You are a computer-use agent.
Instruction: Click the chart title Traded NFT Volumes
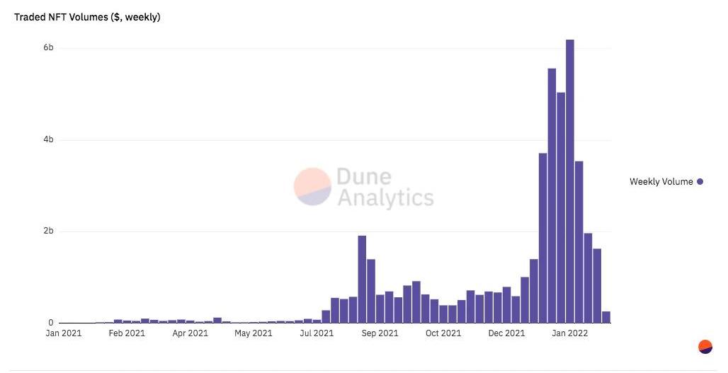click(87, 17)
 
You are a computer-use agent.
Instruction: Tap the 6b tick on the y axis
click(49, 48)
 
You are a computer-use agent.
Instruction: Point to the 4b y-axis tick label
click(49, 140)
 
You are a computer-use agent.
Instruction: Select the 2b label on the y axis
click(49, 231)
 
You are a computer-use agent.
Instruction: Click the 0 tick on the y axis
click(51, 323)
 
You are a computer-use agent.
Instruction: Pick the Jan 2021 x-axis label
click(64, 333)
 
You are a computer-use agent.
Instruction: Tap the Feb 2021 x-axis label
click(127, 333)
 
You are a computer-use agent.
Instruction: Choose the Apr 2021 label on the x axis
click(190, 333)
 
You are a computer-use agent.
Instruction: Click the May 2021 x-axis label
click(253, 333)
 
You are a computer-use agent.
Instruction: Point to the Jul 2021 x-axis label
click(316, 333)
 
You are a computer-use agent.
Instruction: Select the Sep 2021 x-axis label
click(379, 333)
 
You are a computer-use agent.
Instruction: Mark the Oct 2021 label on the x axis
click(443, 333)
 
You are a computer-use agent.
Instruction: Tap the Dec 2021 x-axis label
click(506, 333)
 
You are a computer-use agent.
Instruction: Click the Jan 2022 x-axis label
click(569, 333)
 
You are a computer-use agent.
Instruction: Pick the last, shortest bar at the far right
click(606, 317)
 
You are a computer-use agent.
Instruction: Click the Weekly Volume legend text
click(661, 182)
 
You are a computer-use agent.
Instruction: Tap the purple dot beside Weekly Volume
click(700, 182)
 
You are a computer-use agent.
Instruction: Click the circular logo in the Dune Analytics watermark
click(312, 187)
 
